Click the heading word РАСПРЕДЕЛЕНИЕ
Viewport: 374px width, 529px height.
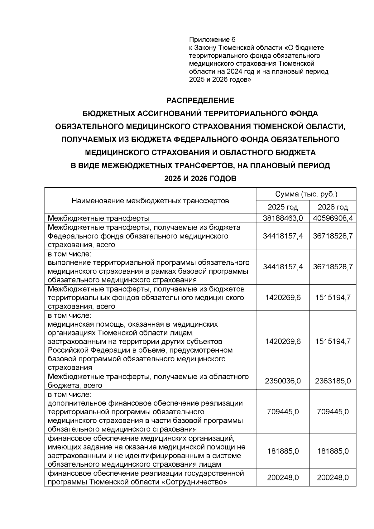[x=200, y=101]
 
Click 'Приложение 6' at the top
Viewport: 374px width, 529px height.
[x=212, y=40]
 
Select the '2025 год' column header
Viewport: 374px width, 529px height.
[x=283, y=207]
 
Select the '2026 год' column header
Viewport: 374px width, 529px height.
[x=333, y=207]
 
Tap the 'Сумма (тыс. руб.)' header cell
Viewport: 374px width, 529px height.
[x=306, y=194]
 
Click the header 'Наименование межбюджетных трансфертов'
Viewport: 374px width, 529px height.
[x=150, y=201]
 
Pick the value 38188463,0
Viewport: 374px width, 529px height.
[x=283, y=218]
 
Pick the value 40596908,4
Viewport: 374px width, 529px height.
[x=333, y=218]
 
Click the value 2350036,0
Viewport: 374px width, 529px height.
[x=283, y=381]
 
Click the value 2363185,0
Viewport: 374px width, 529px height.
[x=333, y=381]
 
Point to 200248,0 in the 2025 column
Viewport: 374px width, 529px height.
[x=283, y=478]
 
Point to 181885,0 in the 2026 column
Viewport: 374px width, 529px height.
[x=333, y=451]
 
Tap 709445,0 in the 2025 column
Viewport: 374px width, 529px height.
[x=283, y=412]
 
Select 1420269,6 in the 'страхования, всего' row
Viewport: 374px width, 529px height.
[x=283, y=297]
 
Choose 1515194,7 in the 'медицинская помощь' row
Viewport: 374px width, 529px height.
[x=333, y=341]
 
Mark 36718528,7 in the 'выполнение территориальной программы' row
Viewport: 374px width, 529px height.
[x=333, y=267]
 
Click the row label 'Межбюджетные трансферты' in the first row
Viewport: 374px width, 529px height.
[x=98, y=218]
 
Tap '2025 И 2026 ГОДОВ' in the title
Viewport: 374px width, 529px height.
[x=200, y=179]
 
